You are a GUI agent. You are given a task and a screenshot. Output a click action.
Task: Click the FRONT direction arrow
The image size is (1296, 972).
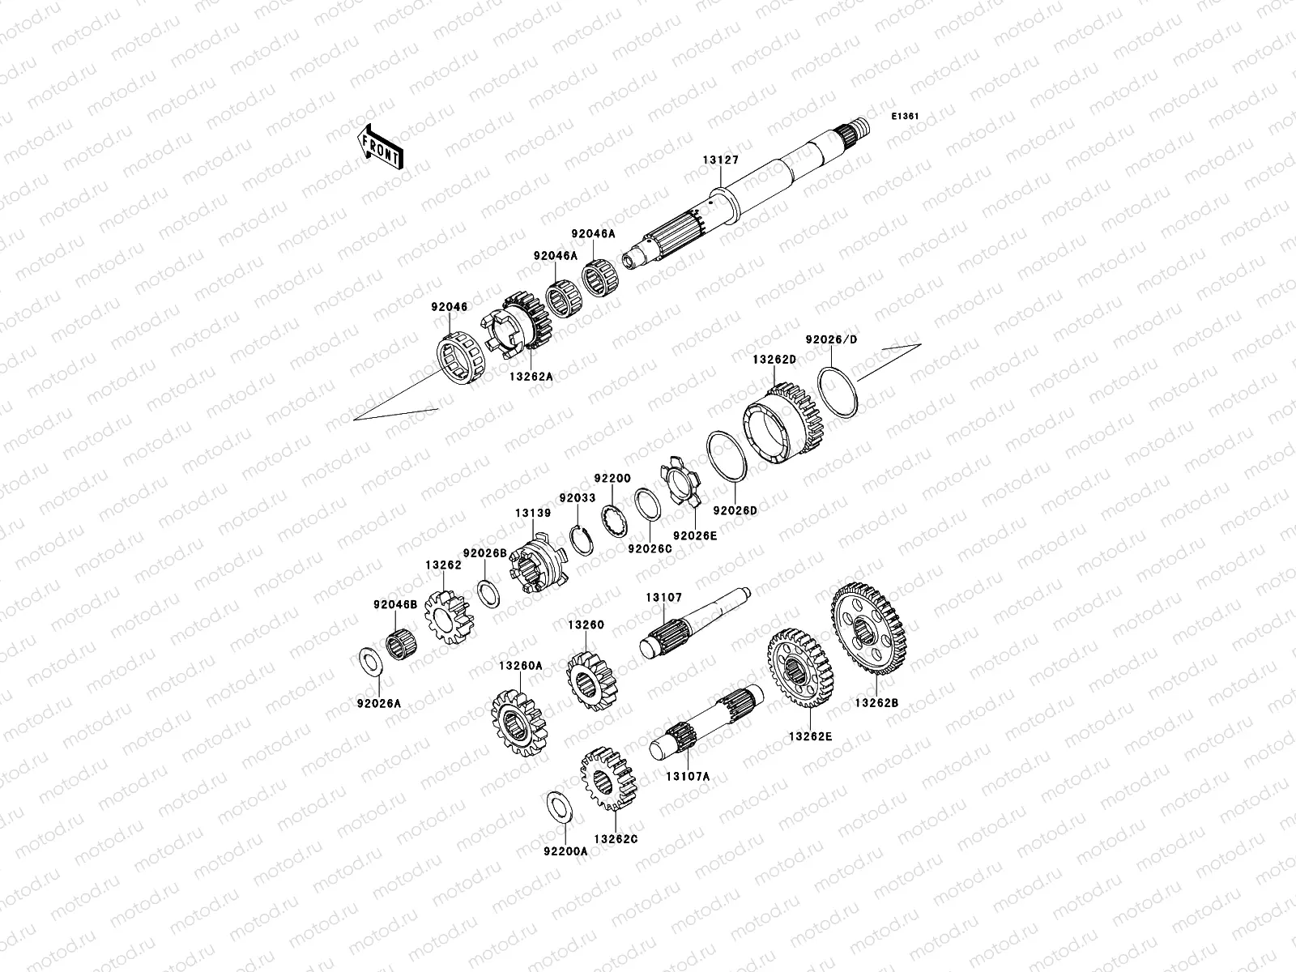(x=380, y=147)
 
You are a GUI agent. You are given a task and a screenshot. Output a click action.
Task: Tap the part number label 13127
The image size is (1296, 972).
(x=720, y=160)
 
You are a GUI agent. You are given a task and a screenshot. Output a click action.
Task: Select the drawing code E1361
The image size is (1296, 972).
(x=905, y=117)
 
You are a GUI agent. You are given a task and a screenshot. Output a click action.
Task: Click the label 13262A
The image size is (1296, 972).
(x=531, y=376)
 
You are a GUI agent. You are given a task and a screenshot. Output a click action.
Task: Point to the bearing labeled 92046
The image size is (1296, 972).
(x=461, y=359)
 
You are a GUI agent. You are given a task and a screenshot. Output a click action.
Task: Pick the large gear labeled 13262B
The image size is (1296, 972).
(x=868, y=629)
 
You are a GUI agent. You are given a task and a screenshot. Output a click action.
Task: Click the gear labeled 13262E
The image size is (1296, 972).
(x=800, y=668)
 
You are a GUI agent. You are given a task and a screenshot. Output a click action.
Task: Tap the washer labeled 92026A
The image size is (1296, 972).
(x=371, y=661)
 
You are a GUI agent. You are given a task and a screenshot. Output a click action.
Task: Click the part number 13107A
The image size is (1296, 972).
(x=688, y=777)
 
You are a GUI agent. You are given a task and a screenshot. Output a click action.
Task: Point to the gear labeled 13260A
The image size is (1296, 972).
(x=519, y=723)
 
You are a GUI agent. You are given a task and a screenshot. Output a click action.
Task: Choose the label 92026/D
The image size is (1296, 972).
(x=831, y=339)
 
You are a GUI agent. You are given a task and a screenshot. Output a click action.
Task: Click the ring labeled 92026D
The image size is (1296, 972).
(x=727, y=456)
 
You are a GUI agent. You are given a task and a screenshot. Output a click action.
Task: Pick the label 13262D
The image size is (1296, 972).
(x=774, y=360)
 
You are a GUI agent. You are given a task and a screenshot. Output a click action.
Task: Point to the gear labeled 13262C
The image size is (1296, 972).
(x=609, y=778)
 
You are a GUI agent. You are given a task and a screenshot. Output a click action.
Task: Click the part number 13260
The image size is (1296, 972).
(x=586, y=625)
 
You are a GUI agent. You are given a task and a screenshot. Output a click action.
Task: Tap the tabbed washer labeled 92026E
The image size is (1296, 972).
(x=680, y=482)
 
